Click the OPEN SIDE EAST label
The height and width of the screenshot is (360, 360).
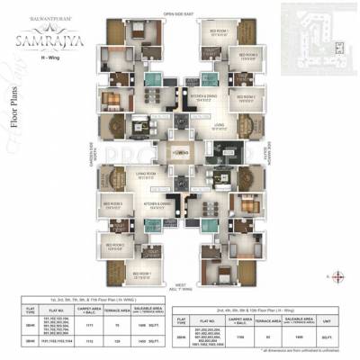[179, 13]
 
